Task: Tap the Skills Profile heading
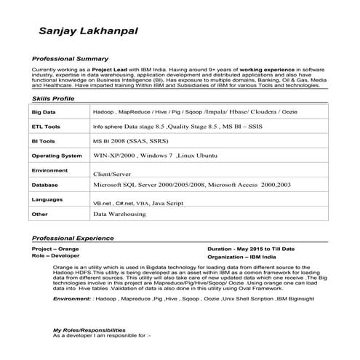tap(53, 97)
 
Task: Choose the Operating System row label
tap(57, 156)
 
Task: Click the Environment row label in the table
tap(50, 170)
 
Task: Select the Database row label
tap(45, 185)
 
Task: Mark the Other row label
tap(40, 215)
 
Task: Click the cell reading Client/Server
tap(111, 175)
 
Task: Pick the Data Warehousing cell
tap(120, 215)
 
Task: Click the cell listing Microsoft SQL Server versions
tap(192, 185)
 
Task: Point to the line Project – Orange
tap(57, 249)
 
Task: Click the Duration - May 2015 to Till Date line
tap(251, 249)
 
